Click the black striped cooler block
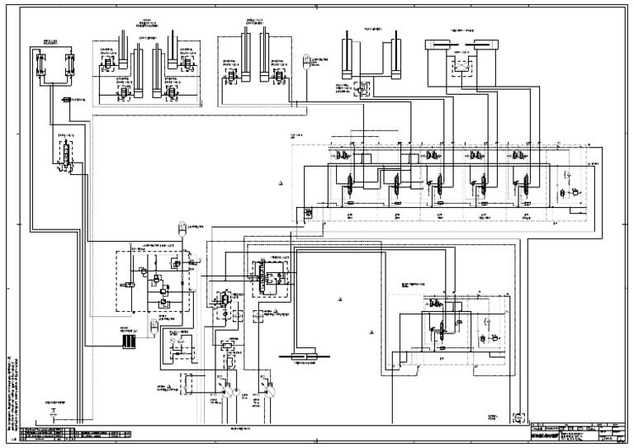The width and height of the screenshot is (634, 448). coord(127,340)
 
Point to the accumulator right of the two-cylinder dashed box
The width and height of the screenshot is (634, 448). coord(307,59)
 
